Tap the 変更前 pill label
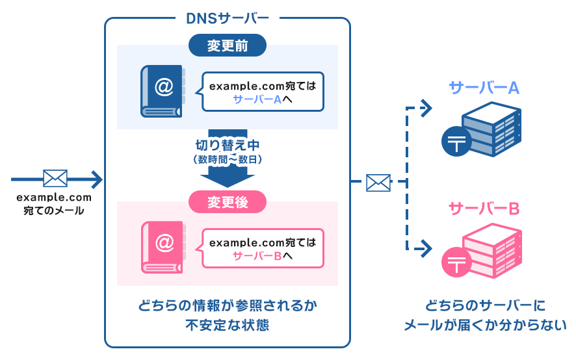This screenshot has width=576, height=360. point(228,46)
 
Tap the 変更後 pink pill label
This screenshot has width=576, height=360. point(228,202)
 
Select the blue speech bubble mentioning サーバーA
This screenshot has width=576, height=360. point(263,92)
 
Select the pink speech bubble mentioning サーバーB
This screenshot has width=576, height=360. point(263,248)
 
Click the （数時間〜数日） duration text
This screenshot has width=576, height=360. point(227,159)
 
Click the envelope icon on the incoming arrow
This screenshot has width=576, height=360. point(55,178)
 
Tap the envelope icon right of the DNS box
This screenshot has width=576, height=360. point(378,183)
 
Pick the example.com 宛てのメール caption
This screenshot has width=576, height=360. point(54,204)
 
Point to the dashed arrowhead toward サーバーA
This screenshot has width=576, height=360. point(427,108)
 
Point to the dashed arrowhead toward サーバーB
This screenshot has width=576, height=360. point(427,248)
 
